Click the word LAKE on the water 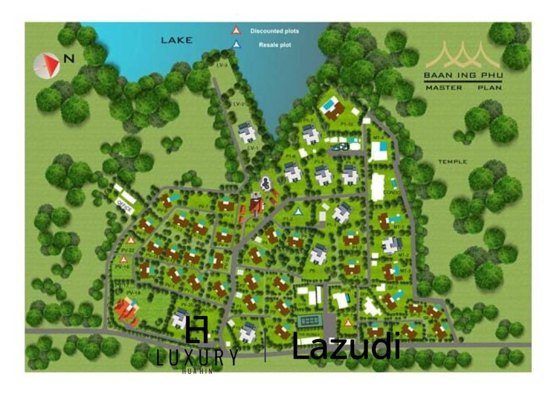tap(177, 40)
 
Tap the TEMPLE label tap(452, 162)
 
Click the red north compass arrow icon tap(47, 64)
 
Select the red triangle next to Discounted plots tap(236, 30)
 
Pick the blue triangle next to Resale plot tap(236, 45)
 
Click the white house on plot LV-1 tap(247, 132)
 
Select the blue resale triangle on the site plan tap(298, 211)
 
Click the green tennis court tap(311, 322)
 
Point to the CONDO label tap(391, 193)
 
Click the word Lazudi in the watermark tap(346, 346)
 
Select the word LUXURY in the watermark tap(196, 358)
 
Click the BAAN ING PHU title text tap(463, 77)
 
